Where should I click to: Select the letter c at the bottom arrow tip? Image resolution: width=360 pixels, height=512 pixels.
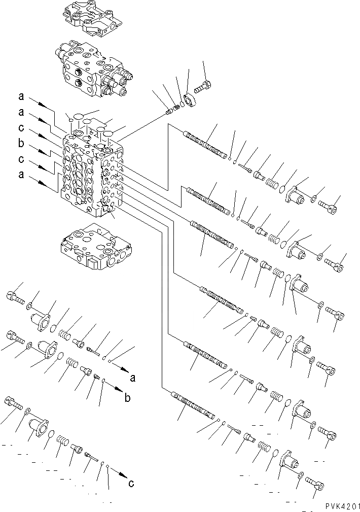click(131, 483)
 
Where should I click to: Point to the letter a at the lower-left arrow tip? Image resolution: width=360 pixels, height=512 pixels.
click(133, 378)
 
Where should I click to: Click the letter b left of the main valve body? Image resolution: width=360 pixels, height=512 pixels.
click(21, 144)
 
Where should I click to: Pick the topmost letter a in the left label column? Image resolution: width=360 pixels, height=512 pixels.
click(21, 96)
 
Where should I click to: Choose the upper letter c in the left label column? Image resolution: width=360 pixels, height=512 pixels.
click(21, 128)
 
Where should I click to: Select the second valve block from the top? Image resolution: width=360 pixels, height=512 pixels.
click(95, 72)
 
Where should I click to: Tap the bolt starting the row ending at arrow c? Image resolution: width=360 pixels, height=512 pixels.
click(13, 405)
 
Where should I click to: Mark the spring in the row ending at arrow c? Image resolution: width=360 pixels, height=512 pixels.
click(62, 440)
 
